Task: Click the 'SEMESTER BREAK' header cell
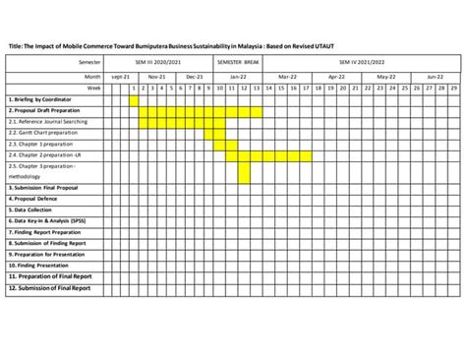238,61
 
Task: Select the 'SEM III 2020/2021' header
164,61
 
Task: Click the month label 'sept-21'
120,75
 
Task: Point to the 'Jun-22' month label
435,75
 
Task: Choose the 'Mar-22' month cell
287,75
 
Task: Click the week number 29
453,88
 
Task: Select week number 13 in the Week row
257,88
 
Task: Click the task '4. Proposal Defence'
33,199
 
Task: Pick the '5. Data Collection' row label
31,210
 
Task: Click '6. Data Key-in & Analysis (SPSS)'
47,220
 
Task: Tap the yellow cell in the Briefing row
134,99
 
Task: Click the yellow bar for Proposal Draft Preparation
201,111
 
